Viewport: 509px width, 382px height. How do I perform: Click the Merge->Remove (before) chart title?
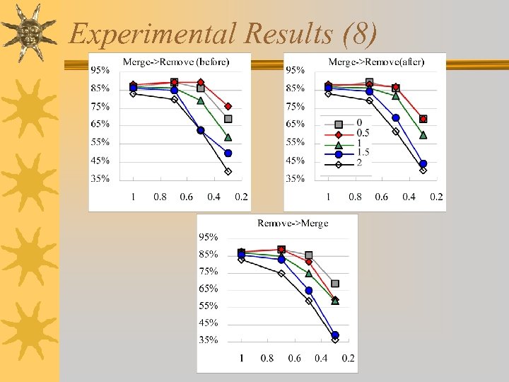pyautogui.click(x=176, y=62)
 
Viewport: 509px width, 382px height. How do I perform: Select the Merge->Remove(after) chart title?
pyautogui.click(x=376, y=62)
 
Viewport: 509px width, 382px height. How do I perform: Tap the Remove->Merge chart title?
pyautogui.click(x=293, y=223)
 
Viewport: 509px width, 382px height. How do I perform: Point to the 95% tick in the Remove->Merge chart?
pyautogui.click(x=207, y=237)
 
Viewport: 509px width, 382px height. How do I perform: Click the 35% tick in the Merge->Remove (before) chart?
pyautogui.click(x=100, y=179)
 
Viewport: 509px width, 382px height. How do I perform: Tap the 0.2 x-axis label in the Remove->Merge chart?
pyautogui.click(x=348, y=358)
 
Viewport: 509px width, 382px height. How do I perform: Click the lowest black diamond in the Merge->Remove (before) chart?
pyautogui.click(x=228, y=171)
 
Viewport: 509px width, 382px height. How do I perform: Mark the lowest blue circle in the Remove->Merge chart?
pyautogui.click(x=335, y=335)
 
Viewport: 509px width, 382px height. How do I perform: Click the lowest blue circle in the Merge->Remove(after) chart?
pyautogui.click(x=423, y=163)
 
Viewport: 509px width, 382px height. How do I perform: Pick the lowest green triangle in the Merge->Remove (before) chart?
pyautogui.click(x=228, y=137)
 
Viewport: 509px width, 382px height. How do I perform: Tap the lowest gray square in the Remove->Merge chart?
pyautogui.click(x=335, y=283)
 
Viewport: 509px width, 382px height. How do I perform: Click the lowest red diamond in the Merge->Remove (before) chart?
pyautogui.click(x=228, y=106)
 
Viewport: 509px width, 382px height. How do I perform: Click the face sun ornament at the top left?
pyautogui.click(x=29, y=31)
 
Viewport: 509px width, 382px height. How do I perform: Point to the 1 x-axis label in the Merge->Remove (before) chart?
pyautogui.click(x=133, y=197)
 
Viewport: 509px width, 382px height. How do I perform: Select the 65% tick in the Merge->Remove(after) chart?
pyautogui.click(x=295, y=125)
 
